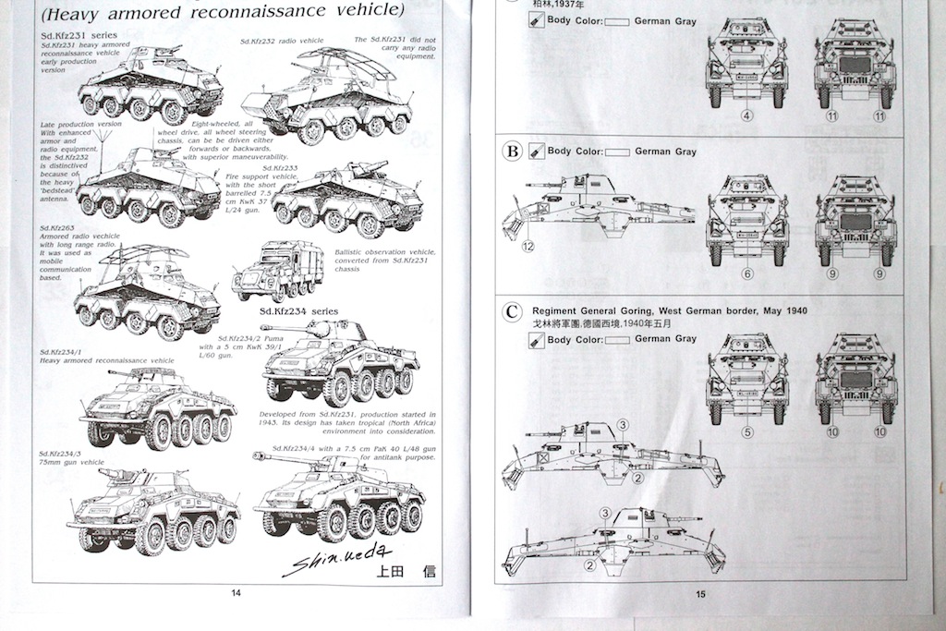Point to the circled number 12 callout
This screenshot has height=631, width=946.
tap(528, 247)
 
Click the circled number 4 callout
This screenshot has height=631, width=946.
tap(746, 116)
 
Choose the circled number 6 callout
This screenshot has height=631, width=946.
tap(746, 273)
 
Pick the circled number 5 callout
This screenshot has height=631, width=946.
tap(746, 431)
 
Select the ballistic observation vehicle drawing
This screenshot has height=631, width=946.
tap(277, 271)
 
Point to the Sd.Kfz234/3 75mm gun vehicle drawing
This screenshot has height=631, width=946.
tap(152, 510)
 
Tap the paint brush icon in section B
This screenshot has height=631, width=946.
tap(535, 152)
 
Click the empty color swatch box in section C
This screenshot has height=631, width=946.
tap(616, 339)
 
